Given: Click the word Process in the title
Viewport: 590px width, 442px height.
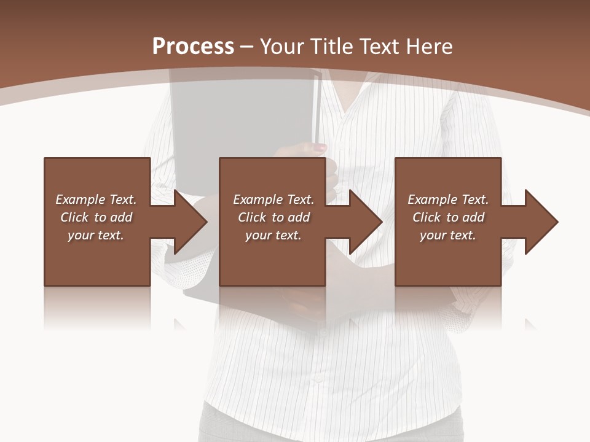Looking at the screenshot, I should pyautogui.click(x=193, y=47).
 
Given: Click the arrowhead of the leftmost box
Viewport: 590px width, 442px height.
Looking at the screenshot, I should pyautogui.click(x=191, y=222).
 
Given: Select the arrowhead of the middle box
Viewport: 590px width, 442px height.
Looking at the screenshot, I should pyautogui.click(x=366, y=222).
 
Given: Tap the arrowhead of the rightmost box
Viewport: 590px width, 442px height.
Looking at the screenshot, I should pyautogui.click(x=541, y=222).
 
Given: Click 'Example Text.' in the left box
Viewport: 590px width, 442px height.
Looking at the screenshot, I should pyautogui.click(x=96, y=200).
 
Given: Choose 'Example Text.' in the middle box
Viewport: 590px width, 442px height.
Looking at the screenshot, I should pyautogui.click(x=273, y=200).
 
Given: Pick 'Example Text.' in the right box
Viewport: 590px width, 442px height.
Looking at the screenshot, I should pyautogui.click(x=448, y=200).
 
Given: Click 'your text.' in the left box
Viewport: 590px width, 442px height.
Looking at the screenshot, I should pyautogui.click(x=96, y=235).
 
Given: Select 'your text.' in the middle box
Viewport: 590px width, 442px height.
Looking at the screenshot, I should pyautogui.click(x=273, y=235).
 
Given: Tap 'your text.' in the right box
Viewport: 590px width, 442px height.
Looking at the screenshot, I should pyautogui.click(x=448, y=235).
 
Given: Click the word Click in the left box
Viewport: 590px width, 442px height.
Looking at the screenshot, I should pyautogui.click(x=74, y=217).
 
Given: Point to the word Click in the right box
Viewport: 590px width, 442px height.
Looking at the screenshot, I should pyautogui.click(x=427, y=217).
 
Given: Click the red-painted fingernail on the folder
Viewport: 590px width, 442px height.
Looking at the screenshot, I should pyautogui.click(x=320, y=148).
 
